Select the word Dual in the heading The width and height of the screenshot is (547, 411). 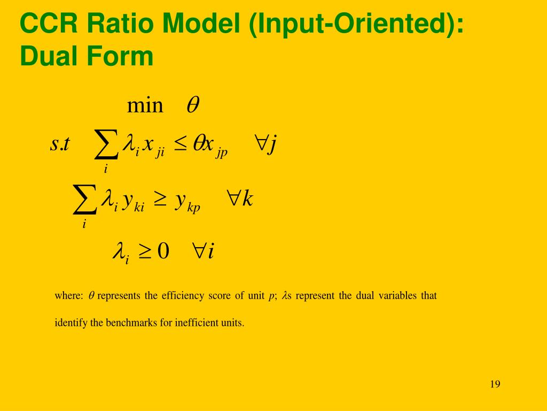pyautogui.click(x=46, y=56)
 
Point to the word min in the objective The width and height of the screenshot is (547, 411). pyautogui.click(x=145, y=105)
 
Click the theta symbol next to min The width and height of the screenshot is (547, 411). pyautogui.click(x=192, y=105)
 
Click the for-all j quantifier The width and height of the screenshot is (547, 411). pyautogui.click(x=265, y=144)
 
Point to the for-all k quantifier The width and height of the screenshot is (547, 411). pyautogui.click(x=240, y=200)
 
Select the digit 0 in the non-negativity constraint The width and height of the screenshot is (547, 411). pyautogui.click(x=163, y=250)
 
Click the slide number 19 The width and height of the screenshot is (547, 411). pyautogui.click(x=495, y=384)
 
